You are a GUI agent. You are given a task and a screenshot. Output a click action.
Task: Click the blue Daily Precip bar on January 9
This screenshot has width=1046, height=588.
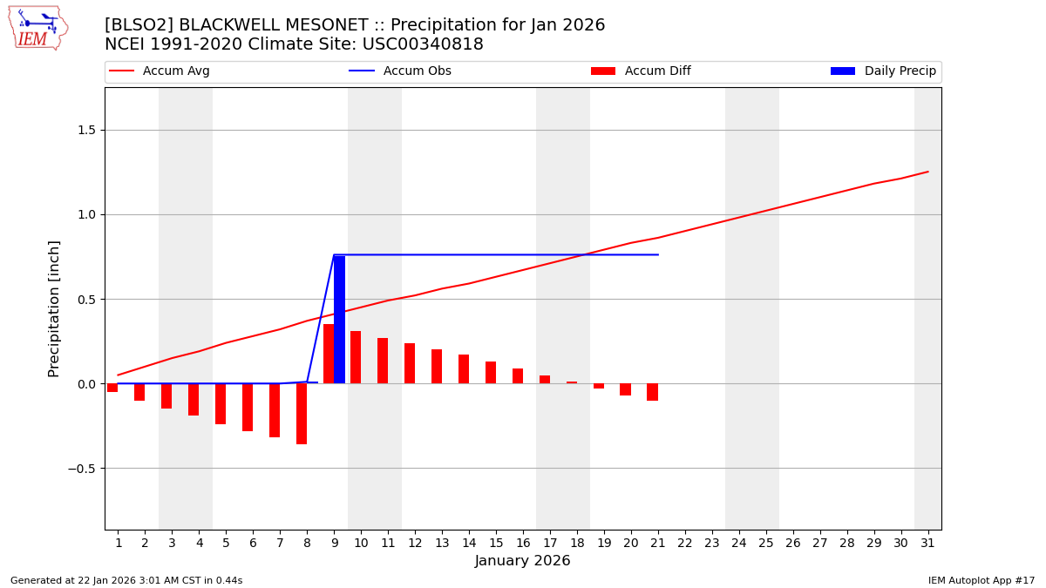339,320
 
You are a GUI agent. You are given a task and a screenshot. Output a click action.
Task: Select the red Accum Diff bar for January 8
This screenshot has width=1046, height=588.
302,414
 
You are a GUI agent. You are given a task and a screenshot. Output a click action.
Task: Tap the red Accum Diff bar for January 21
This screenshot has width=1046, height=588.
652,392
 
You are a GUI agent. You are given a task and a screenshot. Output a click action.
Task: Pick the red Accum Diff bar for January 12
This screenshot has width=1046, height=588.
410,363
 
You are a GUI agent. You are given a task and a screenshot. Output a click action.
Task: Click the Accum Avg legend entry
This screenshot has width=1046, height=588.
160,71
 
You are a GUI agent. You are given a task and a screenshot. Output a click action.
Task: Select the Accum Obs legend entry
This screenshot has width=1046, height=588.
400,71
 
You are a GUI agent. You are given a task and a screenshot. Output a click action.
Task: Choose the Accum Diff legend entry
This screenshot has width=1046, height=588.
641,71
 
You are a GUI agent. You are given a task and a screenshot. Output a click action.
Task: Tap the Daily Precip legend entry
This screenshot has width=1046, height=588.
883,71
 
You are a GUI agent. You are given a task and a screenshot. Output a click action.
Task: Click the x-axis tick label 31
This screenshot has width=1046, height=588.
927,544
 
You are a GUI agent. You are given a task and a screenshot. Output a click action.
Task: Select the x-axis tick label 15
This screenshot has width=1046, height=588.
495,544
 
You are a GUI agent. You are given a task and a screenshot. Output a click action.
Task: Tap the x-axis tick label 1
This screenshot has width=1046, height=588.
118,544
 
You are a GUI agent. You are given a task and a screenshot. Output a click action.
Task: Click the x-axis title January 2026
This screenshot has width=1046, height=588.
522,562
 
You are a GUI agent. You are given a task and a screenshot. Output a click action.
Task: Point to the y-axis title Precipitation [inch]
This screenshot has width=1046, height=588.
54,308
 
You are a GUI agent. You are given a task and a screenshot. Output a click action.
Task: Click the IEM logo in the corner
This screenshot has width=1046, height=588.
37,28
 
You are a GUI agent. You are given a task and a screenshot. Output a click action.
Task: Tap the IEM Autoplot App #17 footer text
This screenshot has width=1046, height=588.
981,581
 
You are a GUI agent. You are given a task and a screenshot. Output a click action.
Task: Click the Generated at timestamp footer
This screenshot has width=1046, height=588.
126,581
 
